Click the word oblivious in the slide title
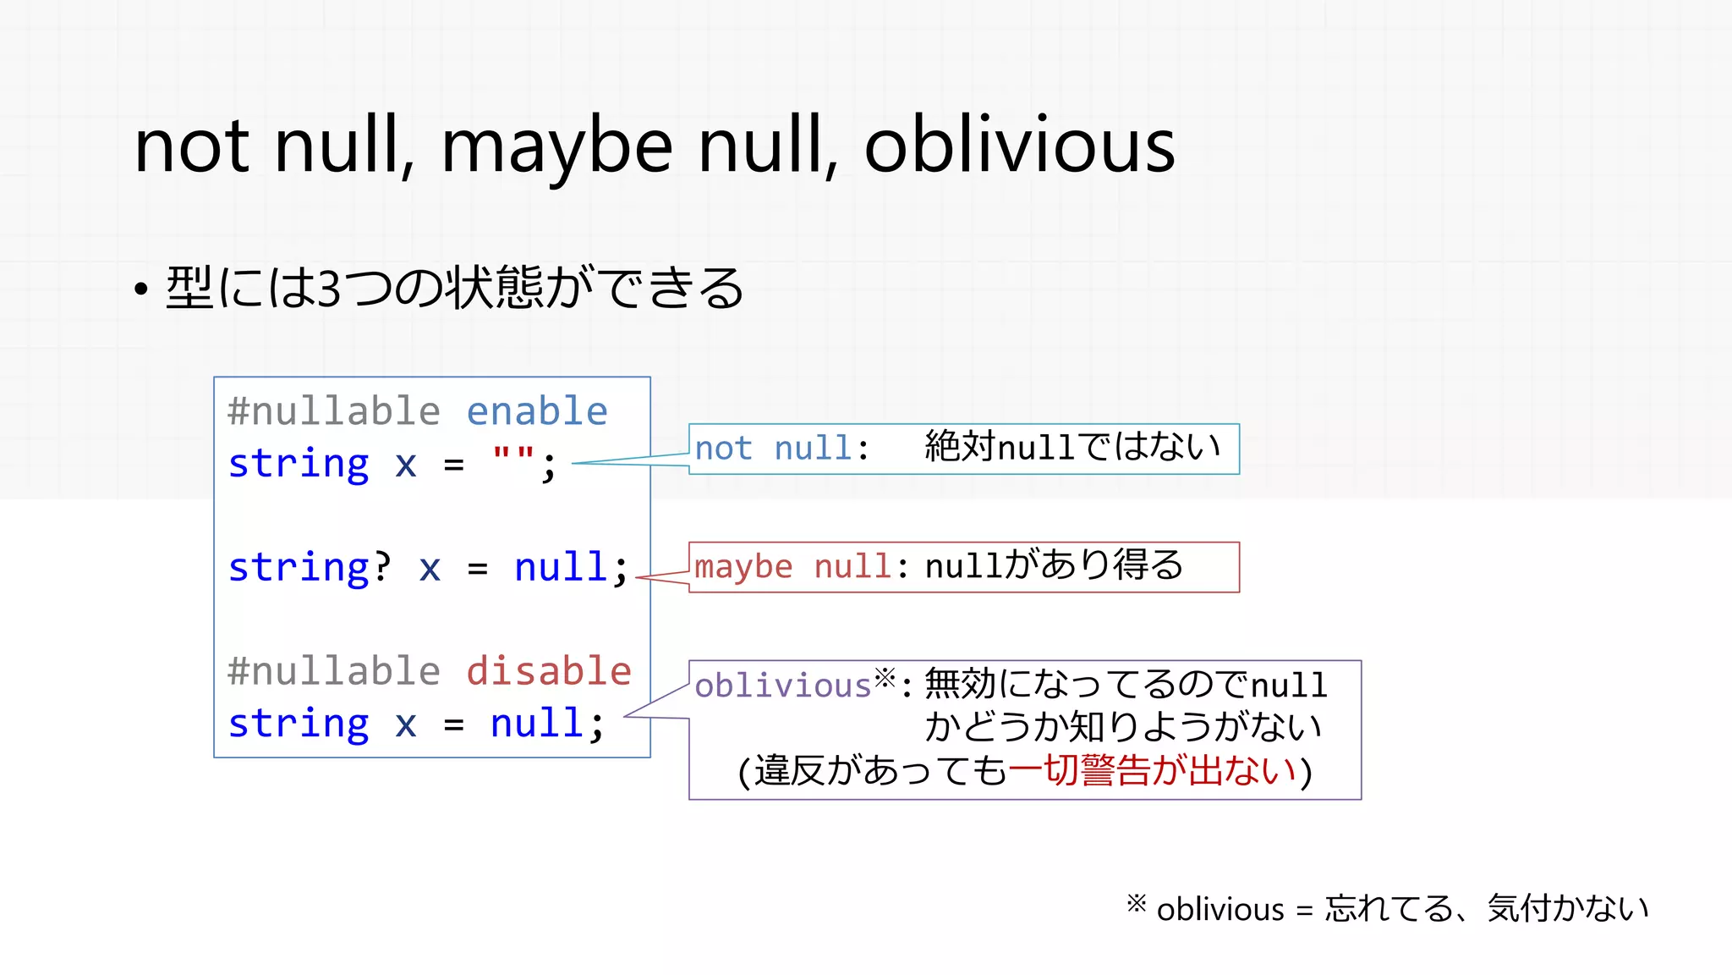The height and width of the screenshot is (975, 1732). coord(1019,146)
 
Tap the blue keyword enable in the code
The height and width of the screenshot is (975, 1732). coord(537,411)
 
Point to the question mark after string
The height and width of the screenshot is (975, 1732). coord(382,566)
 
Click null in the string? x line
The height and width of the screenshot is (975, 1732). coord(561,566)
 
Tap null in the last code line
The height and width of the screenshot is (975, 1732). coord(537,724)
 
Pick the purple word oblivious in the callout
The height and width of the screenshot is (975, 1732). coord(782,685)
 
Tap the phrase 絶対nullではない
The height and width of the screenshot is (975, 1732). coord(1072,447)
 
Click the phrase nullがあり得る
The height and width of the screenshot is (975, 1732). coord(1054,565)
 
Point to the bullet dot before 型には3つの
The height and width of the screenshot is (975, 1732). coord(141,290)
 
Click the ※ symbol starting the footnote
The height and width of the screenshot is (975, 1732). coord(1136,904)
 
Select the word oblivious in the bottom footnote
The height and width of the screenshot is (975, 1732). coord(1220,910)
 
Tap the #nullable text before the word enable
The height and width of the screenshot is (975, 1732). coord(334,411)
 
